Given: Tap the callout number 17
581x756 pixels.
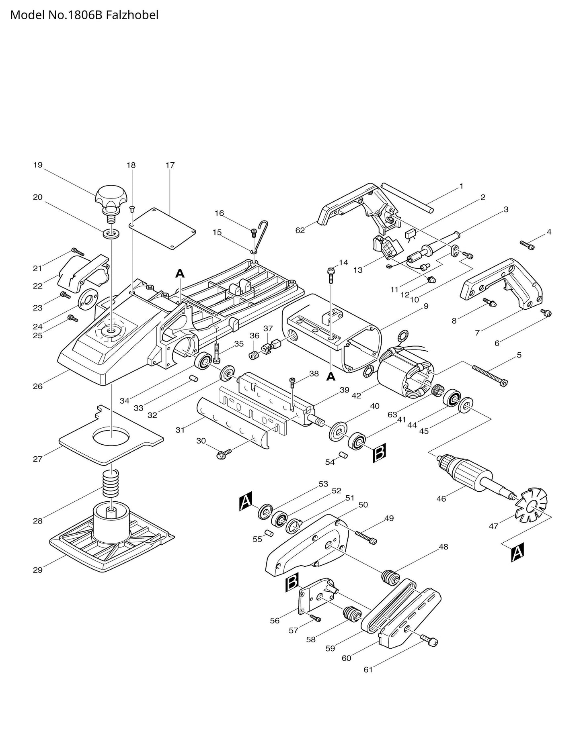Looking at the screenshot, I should tap(170, 165).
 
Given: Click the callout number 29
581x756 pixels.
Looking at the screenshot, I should tap(37, 570).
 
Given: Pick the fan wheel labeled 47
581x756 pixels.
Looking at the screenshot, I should tap(531, 505).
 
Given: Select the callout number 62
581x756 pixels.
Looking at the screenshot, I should tap(300, 230).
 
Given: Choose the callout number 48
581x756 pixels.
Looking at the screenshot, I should tap(443, 547).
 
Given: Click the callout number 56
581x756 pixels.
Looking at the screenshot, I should tap(275, 620).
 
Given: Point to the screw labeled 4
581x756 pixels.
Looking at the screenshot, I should tap(528, 245).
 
